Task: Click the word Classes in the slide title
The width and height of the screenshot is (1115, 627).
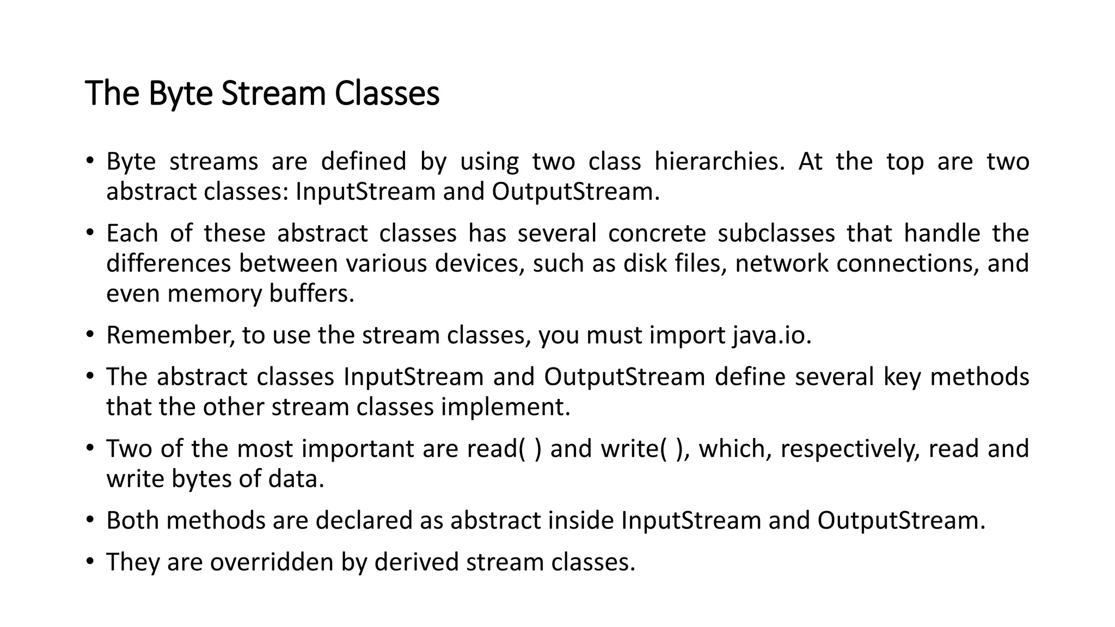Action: (x=387, y=94)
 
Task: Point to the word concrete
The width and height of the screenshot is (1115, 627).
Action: (x=657, y=233)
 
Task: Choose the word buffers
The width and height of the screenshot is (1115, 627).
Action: (x=311, y=294)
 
